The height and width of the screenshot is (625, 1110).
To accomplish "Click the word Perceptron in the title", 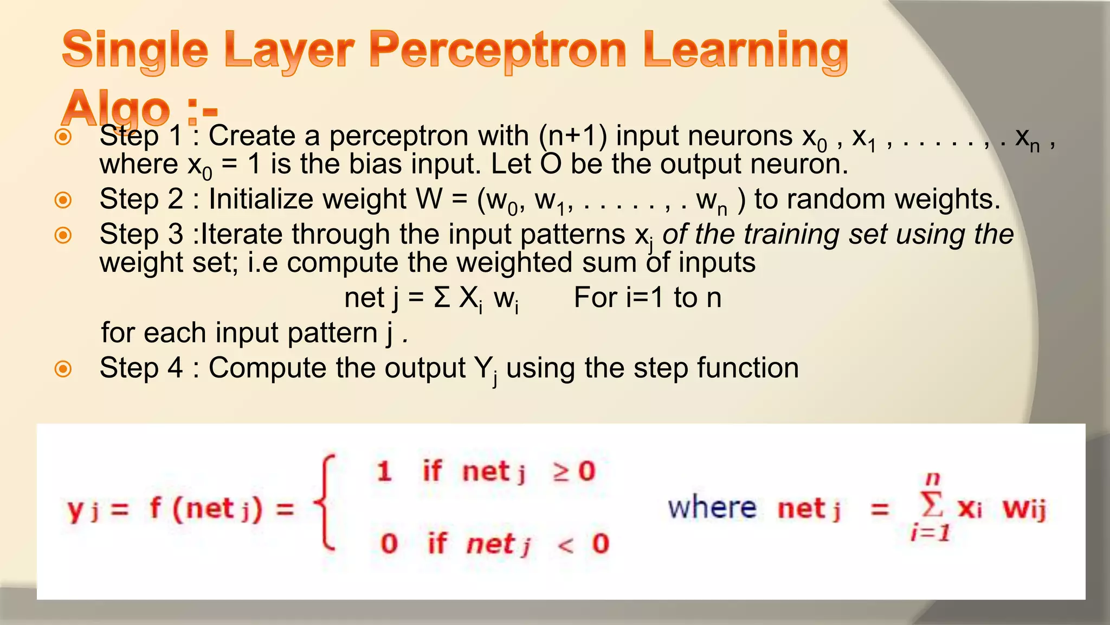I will [498, 52].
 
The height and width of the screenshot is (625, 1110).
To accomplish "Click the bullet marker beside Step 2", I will [63, 200].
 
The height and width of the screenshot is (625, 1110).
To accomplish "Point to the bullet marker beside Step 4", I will [63, 369].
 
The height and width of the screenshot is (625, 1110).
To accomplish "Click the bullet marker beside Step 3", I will [63, 235].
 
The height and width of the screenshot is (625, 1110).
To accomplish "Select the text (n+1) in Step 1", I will [573, 136].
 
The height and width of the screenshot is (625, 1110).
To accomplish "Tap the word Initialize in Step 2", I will [307, 199].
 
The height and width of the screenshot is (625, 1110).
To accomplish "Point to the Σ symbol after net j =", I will [442, 298].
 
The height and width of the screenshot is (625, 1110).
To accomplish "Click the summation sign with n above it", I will [932, 505].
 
